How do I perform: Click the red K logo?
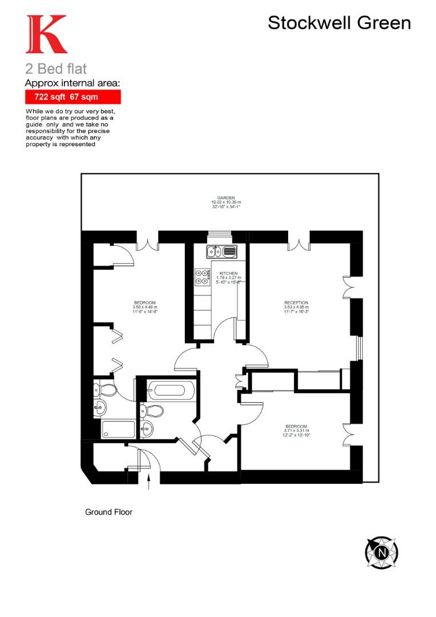tap(46, 35)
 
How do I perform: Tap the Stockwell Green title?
tap(339, 23)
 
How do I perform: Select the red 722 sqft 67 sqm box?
tap(72, 97)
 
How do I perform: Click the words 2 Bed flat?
tap(56, 69)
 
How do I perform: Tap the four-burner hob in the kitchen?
tap(202, 277)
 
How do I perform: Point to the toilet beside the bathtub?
tap(152, 410)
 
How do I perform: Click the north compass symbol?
tap(381, 552)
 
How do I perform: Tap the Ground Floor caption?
tap(108, 512)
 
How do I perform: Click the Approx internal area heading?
tap(72, 83)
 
